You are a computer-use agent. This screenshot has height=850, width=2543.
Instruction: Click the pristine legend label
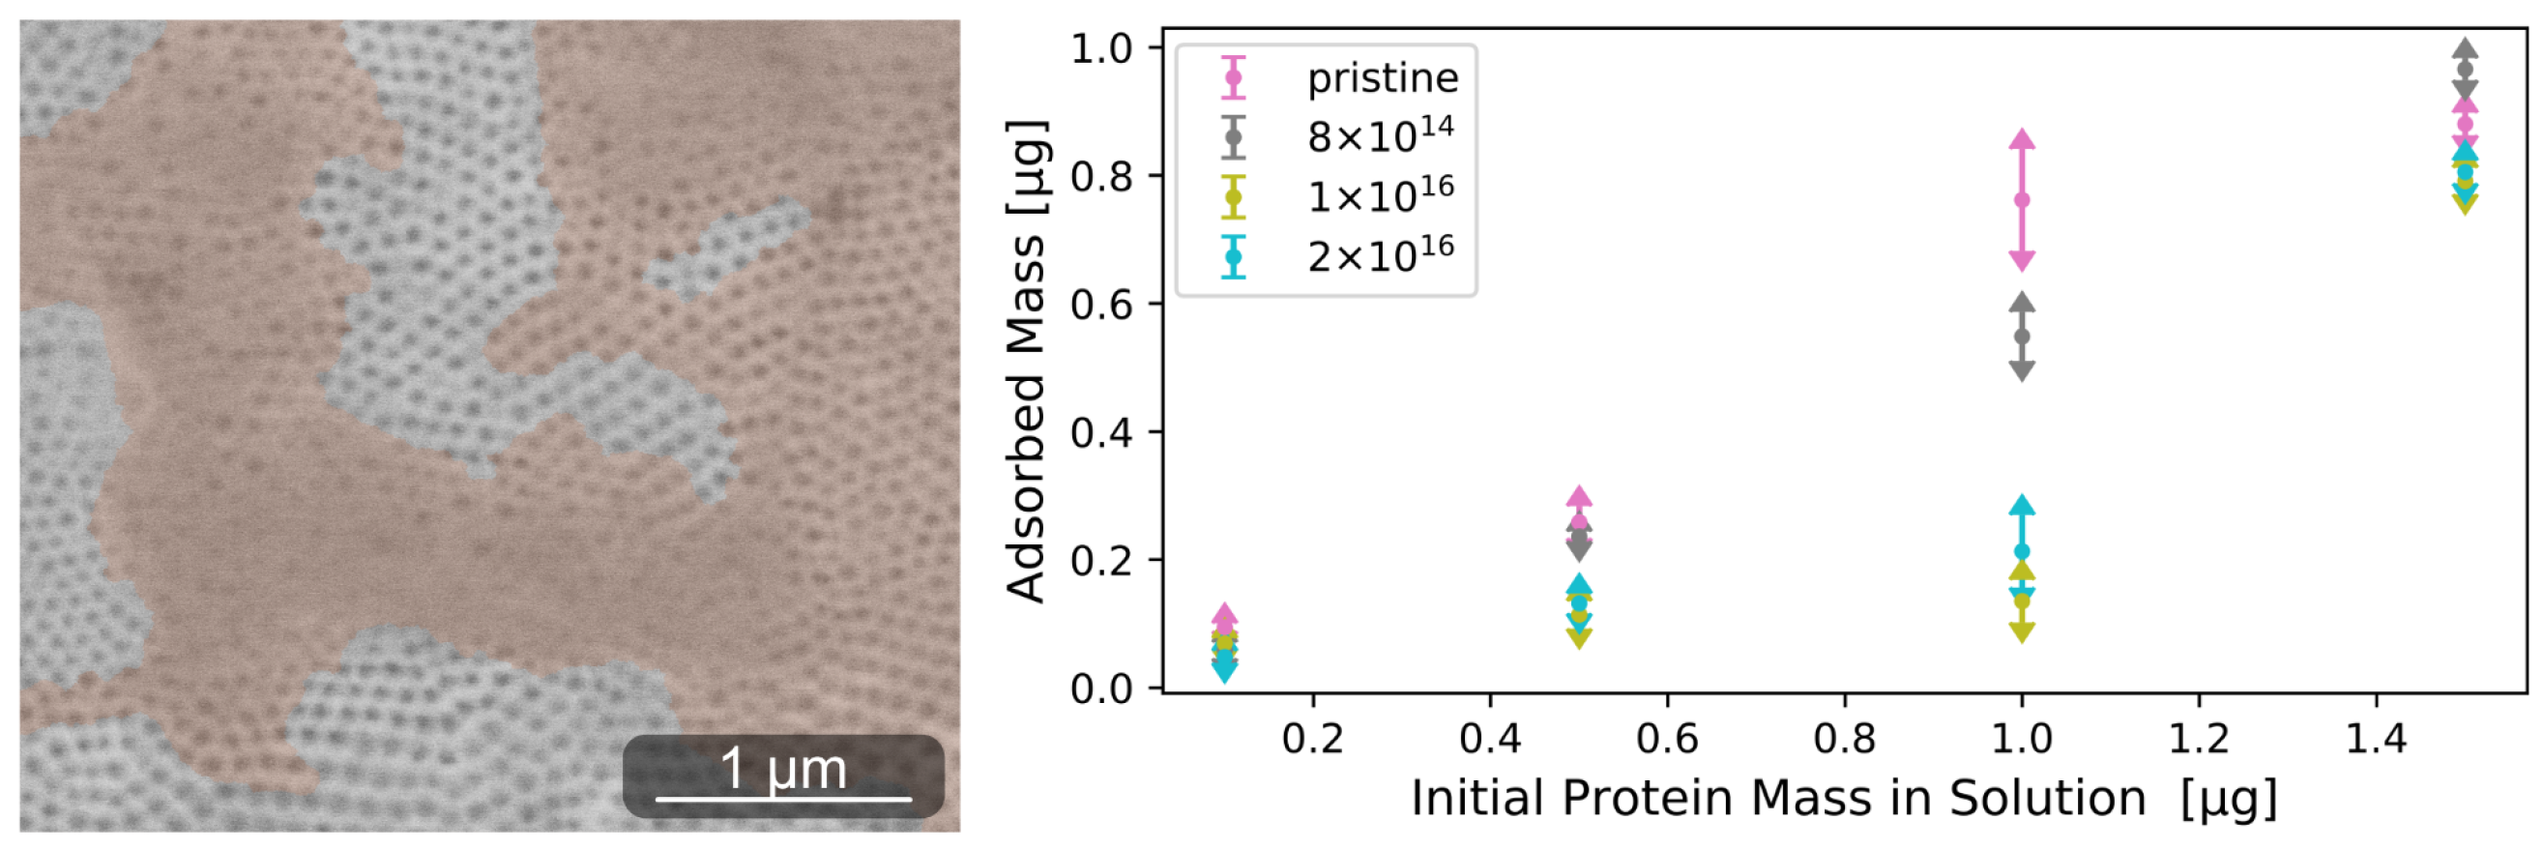pos(1382,78)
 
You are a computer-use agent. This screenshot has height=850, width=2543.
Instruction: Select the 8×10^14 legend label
pos(1380,136)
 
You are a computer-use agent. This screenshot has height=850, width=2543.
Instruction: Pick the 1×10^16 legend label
pos(1380,196)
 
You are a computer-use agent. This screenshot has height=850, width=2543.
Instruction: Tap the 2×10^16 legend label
pos(1380,255)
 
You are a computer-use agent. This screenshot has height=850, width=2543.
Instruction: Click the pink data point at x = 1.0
pos(2021,199)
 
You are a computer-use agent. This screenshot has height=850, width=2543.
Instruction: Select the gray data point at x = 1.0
pos(2021,337)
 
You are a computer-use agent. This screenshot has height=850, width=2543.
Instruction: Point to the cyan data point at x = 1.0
pos(2021,551)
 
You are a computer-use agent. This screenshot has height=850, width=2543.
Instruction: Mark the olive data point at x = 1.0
pos(2021,601)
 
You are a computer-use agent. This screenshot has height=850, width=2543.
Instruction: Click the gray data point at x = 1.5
pos(2464,69)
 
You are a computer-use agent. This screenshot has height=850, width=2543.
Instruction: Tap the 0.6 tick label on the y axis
pos(1100,305)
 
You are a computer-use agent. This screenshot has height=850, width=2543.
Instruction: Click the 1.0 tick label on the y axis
pos(1100,48)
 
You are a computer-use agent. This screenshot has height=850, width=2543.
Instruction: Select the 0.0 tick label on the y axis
pos(1100,689)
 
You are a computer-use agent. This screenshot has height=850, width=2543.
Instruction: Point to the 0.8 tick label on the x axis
pos(1844,739)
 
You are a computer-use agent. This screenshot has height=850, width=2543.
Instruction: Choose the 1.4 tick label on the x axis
pos(2375,739)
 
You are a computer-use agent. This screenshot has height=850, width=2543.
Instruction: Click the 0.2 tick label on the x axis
pos(1312,739)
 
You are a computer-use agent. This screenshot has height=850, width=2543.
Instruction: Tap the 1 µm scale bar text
pos(783,768)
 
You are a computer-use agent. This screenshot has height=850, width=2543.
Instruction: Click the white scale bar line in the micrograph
pos(783,798)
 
